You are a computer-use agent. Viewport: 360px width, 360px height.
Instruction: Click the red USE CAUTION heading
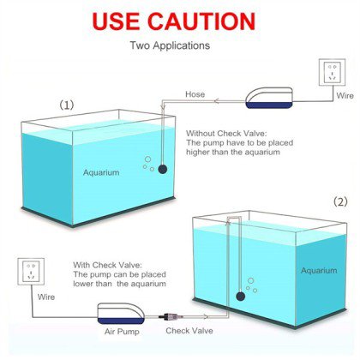173,21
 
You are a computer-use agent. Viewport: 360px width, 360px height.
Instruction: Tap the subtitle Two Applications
170,45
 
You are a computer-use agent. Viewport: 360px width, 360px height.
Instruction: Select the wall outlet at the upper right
332,72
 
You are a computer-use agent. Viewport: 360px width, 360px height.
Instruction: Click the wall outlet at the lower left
31,272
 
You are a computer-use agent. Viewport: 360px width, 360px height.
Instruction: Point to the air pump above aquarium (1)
269,98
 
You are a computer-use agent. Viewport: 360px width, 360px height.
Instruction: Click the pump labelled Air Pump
121,314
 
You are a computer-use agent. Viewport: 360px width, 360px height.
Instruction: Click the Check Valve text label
189,331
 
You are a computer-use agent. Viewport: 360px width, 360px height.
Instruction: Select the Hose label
195,94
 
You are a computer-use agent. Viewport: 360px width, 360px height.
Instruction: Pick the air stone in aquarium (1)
163,169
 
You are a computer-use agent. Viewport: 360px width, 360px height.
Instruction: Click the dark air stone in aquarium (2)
241,297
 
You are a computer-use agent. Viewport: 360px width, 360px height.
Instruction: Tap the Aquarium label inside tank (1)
101,172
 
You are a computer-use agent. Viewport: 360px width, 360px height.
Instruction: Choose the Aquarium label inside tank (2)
319,271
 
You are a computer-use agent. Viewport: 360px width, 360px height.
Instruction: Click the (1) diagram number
66,105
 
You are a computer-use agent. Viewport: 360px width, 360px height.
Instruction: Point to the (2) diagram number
340,202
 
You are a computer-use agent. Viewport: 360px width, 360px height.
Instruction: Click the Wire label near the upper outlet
345,95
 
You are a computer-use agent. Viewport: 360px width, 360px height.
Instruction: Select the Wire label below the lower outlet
46,297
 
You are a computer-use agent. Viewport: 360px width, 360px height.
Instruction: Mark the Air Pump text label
122,332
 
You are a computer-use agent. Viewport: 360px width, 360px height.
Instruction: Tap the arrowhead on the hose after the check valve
206,316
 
